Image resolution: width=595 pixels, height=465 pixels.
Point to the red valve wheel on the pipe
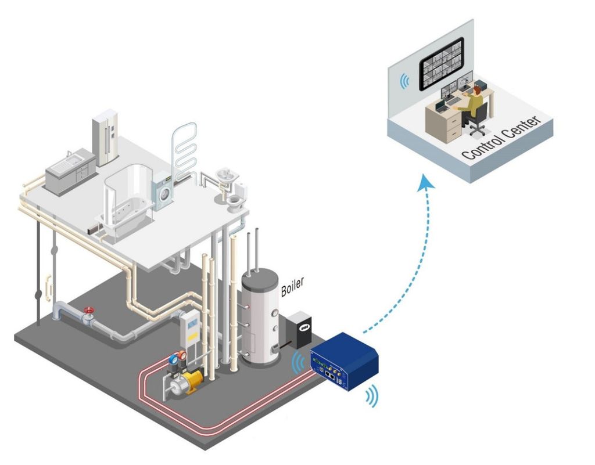coord(88,311)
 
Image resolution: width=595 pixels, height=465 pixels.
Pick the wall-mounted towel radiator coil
coord(185,148)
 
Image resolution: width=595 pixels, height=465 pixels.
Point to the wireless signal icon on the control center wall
coord(403,81)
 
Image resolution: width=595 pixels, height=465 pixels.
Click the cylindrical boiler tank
coord(260,319)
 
